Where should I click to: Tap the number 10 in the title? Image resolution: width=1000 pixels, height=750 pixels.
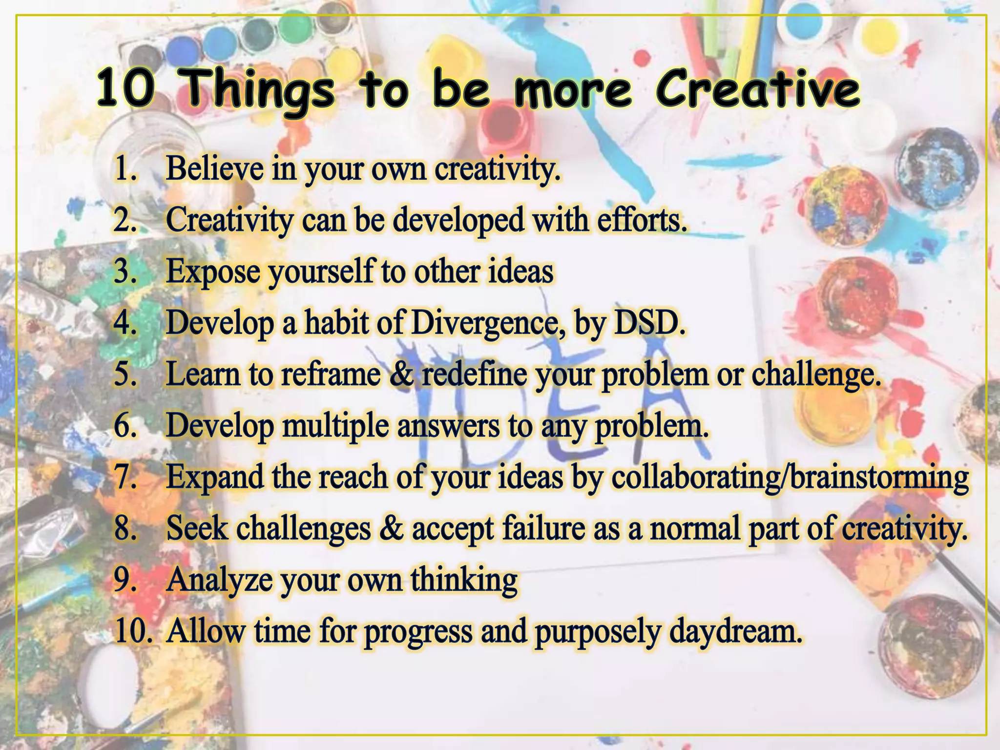pyautogui.click(x=125, y=90)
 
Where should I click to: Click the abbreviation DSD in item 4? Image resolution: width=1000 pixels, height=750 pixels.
pyautogui.click(x=649, y=323)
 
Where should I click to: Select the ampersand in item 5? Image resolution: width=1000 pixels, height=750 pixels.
pyautogui.click(x=401, y=375)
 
